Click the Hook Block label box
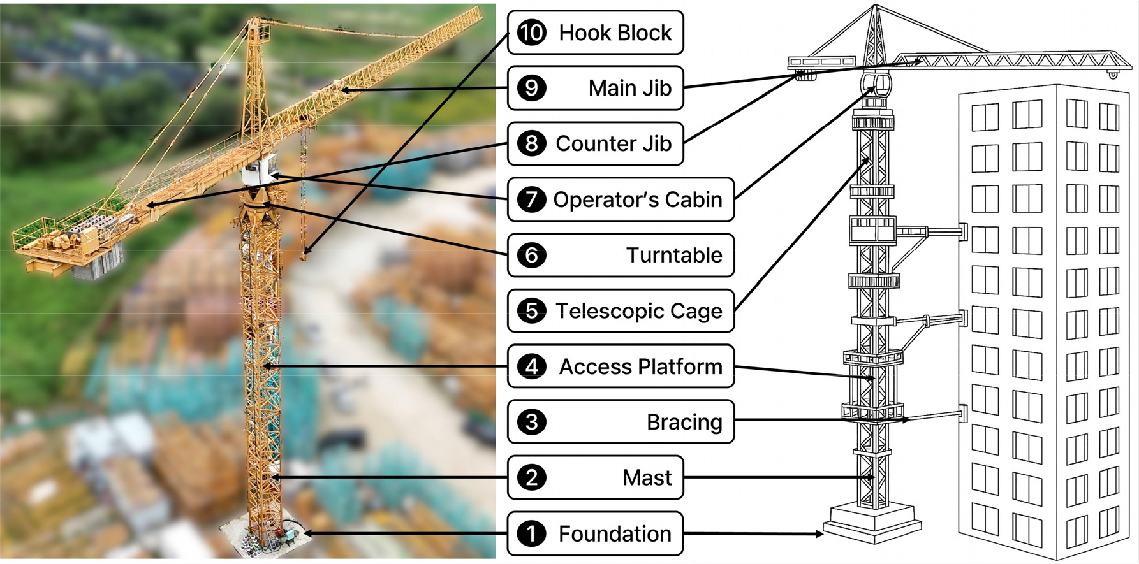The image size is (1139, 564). tap(596, 33)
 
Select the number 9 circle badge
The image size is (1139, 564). tap(531, 88)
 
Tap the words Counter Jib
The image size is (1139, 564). tap(613, 144)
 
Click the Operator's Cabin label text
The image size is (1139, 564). tap(637, 200)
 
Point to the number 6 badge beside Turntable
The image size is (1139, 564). tap(531, 256)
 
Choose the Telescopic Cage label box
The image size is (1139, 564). tap(621, 311)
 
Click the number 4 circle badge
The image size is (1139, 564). tap(531, 367)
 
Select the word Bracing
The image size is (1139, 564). tap(684, 423)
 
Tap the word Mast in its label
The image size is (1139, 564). tap(647, 478)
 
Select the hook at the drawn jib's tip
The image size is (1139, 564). tap(1113, 75)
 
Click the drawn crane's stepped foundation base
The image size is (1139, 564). tap(872, 519)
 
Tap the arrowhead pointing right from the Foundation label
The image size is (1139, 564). tap(819, 534)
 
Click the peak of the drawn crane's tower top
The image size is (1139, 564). tap(876, 8)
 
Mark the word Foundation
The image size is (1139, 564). tap(615, 534)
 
